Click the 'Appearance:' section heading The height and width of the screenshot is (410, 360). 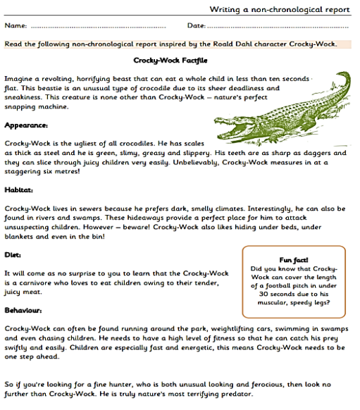click(x=26, y=125)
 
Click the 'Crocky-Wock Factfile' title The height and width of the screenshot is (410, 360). click(x=171, y=60)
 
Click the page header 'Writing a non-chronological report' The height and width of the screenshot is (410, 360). click(x=280, y=9)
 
